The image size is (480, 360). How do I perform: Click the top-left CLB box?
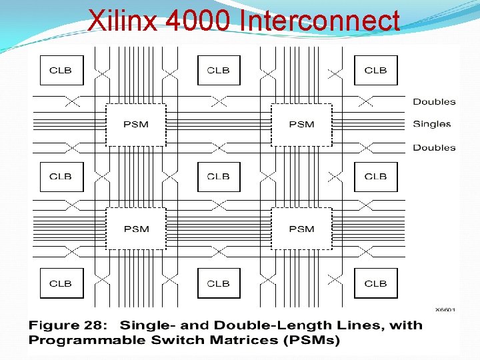tap(61, 70)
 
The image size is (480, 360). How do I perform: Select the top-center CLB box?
tap(219, 70)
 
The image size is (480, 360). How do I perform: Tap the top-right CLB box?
tap(375, 70)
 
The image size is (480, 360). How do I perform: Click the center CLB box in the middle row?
tap(219, 177)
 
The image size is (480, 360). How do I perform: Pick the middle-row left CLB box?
tap(61, 177)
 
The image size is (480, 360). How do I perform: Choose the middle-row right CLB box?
tap(375, 177)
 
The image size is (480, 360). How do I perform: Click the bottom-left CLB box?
tap(61, 283)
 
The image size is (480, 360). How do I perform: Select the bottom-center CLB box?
tap(219, 283)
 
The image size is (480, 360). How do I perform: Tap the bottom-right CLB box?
tap(375, 283)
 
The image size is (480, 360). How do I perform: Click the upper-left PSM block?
tap(136, 125)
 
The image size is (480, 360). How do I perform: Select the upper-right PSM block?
tap(301, 125)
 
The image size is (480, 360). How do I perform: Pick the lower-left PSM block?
tap(136, 229)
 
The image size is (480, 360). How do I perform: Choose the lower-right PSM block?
tap(301, 229)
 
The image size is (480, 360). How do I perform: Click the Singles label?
tap(432, 124)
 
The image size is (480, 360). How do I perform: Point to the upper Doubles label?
tap(434, 102)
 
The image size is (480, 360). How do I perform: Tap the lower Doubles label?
tap(434, 147)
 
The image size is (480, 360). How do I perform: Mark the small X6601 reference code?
tap(445, 309)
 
